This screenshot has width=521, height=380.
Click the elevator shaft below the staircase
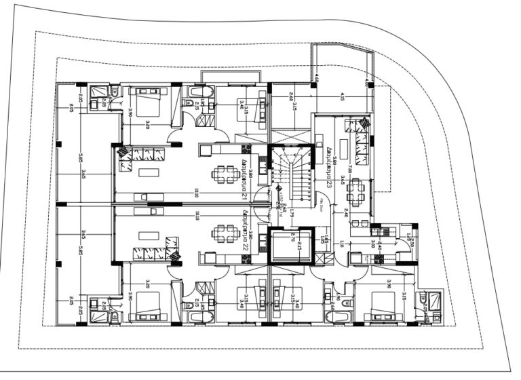click(290, 245)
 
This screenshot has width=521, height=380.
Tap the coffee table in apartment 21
click(148, 172)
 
